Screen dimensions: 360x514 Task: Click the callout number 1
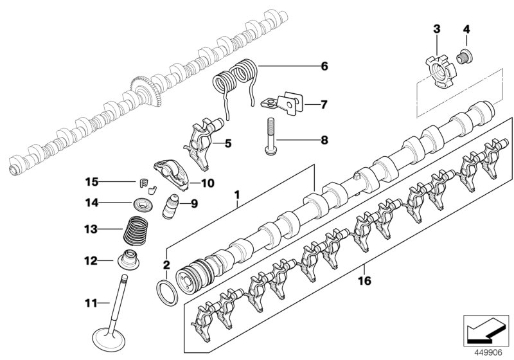click(238, 193)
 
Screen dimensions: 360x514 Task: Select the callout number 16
click(365, 281)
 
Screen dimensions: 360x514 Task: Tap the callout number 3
click(436, 29)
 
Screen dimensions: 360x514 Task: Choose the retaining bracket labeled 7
click(283, 102)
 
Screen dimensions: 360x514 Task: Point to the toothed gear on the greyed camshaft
click(146, 91)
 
